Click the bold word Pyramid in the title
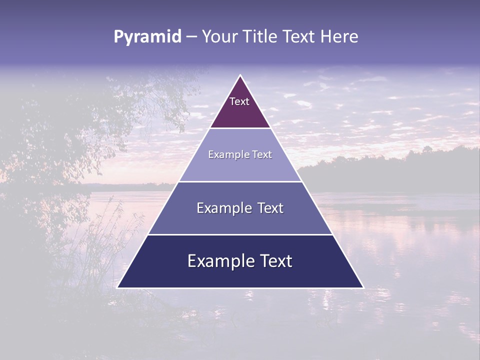pos(147,37)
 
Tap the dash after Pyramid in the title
pos(191,37)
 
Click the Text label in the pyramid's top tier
pos(239,101)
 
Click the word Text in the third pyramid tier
pos(270,208)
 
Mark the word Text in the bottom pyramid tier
pos(277,261)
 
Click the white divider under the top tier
pos(240,128)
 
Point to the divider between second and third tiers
pos(240,181)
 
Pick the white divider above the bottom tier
pos(240,234)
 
